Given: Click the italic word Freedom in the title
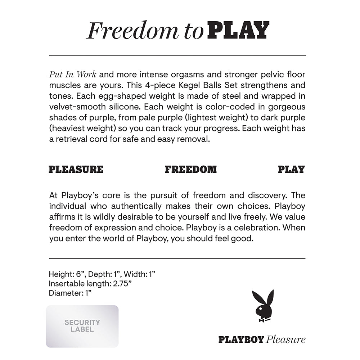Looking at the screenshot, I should [132, 31].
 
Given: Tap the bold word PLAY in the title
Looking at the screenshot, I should [239, 31].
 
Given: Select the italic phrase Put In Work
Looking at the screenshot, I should [73, 75].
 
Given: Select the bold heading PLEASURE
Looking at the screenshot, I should [76, 170].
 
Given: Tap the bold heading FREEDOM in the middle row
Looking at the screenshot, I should [191, 170].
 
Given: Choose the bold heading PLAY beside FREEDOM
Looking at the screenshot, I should [291, 170].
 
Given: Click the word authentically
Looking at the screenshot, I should [136, 206].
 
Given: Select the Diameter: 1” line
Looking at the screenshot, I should [70, 293].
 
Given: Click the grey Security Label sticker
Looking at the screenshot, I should [82, 326].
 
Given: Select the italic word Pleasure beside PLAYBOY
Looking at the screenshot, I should [286, 339].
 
